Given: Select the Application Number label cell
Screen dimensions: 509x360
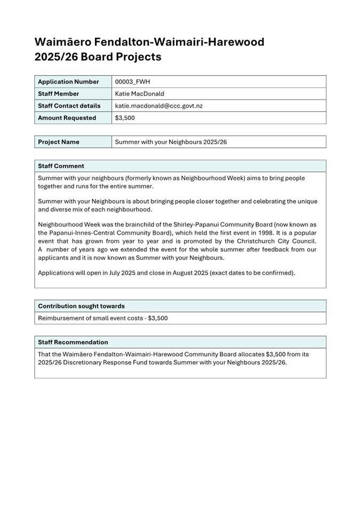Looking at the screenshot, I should [68, 82].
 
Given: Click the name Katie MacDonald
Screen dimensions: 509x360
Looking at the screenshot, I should [140, 94].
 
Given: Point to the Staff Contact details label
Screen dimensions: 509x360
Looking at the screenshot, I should [69, 106].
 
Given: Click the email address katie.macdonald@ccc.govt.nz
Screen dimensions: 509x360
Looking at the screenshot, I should [158, 106].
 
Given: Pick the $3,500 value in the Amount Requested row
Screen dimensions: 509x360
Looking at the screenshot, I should [125, 118].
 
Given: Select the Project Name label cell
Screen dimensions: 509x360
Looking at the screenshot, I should [59, 142].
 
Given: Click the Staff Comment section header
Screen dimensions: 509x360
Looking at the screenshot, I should [61, 166].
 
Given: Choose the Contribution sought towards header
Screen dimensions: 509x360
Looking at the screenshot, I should [81, 306].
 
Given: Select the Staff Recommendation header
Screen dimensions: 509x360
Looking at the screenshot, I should [73, 342].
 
